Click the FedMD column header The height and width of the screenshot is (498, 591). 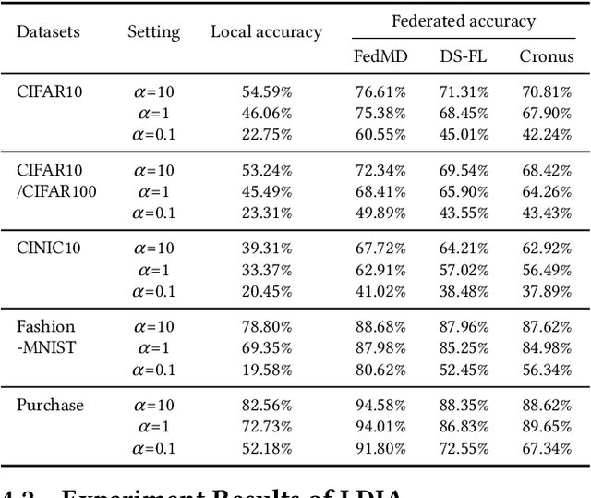click(376, 56)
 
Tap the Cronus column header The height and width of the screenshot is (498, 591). click(545, 56)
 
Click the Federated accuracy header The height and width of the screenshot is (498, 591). click(463, 21)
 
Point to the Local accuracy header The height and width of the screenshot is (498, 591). click(266, 32)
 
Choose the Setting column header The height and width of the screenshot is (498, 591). click(153, 32)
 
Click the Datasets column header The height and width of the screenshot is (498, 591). click(48, 32)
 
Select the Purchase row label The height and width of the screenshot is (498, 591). click(50, 405)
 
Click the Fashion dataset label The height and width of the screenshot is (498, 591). click(45, 326)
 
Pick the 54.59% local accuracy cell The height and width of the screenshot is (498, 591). click(266, 92)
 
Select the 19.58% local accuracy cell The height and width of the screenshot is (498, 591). click(266, 370)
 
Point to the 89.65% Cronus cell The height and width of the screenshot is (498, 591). click(545, 427)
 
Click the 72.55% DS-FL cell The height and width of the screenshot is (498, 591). click(463, 448)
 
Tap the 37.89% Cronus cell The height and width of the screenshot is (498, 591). click(545, 291)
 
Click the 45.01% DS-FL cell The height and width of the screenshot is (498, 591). click(463, 135)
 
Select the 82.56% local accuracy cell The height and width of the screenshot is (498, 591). click(266, 406)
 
